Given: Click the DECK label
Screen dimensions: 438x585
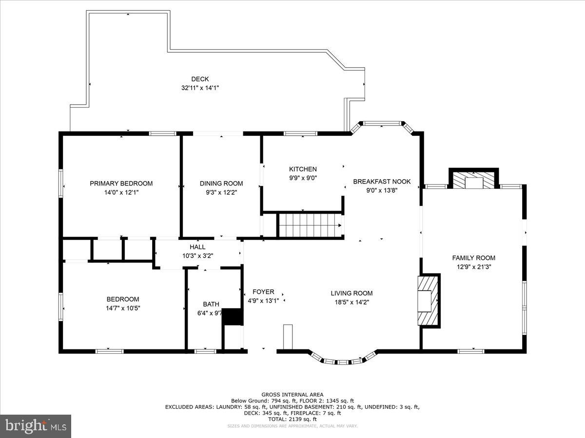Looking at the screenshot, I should click(x=200, y=79).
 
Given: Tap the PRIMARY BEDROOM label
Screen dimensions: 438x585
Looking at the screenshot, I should click(x=121, y=183).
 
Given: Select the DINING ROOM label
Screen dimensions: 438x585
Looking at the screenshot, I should click(x=221, y=183).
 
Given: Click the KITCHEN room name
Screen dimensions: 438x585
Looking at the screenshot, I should click(x=303, y=169).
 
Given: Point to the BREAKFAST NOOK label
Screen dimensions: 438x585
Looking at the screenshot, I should click(x=382, y=182).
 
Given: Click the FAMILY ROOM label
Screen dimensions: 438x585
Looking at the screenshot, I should click(x=473, y=258).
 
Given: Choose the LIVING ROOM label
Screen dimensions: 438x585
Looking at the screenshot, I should click(x=351, y=293).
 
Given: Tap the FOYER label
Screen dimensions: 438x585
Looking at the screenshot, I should click(x=263, y=292).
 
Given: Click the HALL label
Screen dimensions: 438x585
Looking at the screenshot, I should click(x=197, y=247).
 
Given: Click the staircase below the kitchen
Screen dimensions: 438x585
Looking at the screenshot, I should click(x=310, y=225).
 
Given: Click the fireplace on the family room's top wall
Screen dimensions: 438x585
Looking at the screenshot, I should click(x=473, y=179).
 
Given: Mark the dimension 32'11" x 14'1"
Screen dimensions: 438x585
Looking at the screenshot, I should click(x=200, y=88).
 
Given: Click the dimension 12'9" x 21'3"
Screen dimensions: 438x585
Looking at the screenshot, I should click(x=473, y=267).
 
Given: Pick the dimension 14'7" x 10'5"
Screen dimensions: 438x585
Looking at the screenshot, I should click(x=123, y=308).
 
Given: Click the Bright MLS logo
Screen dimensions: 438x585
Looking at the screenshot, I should click(x=36, y=426).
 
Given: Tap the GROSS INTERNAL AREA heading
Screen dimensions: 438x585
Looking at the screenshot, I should click(x=292, y=395).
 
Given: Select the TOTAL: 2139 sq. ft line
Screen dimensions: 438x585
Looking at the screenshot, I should click(x=292, y=419).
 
